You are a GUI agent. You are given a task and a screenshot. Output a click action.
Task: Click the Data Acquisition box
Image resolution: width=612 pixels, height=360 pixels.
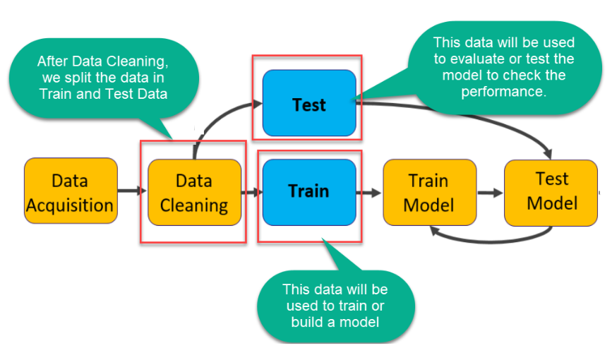71,191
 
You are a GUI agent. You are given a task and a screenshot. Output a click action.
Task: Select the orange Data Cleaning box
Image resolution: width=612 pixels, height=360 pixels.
194,192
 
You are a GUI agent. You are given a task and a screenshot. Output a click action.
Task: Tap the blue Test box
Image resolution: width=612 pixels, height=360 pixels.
309,103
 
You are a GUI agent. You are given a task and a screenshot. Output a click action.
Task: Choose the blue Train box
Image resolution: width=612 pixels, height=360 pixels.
309,192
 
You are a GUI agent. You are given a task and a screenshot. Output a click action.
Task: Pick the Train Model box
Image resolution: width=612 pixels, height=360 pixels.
429,192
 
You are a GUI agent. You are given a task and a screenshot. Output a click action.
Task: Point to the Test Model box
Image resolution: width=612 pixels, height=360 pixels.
551,193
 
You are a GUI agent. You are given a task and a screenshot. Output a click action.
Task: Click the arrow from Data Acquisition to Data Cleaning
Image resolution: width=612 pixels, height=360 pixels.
132,191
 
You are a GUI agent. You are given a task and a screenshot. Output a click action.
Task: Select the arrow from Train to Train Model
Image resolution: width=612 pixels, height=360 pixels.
369,193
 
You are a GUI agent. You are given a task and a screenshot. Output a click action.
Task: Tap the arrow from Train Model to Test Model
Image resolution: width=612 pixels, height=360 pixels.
490,193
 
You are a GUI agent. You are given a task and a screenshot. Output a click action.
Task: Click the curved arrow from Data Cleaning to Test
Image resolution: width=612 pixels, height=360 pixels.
215,118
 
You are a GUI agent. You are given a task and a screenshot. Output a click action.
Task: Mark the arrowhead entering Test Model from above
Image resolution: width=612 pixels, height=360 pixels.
548,153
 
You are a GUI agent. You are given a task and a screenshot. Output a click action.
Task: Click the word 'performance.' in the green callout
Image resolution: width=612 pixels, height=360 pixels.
503,91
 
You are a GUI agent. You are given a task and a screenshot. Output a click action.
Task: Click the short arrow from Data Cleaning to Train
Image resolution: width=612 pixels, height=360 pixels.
252,192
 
